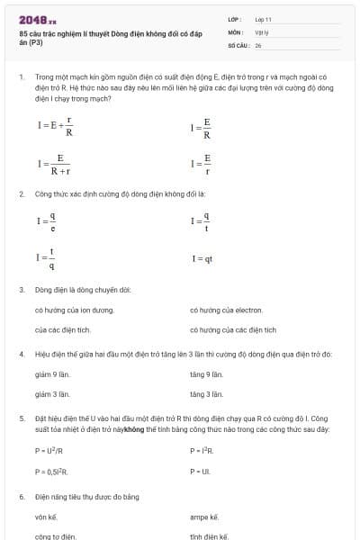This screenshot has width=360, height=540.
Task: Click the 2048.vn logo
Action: (37, 19)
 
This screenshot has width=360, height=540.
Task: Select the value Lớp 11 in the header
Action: (263, 19)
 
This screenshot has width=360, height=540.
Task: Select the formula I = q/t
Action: (201, 220)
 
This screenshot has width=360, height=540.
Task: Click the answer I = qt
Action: (202, 259)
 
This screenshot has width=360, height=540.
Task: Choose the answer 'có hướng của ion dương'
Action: (74, 310)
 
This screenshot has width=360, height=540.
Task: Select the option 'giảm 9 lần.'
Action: (52, 373)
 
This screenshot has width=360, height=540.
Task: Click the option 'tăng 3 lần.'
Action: (206, 393)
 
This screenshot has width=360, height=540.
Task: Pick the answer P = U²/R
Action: (49, 450)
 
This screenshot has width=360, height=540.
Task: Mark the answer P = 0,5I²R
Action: (52, 471)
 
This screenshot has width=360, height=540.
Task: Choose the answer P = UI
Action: (200, 471)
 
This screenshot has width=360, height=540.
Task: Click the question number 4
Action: (21, 354)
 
